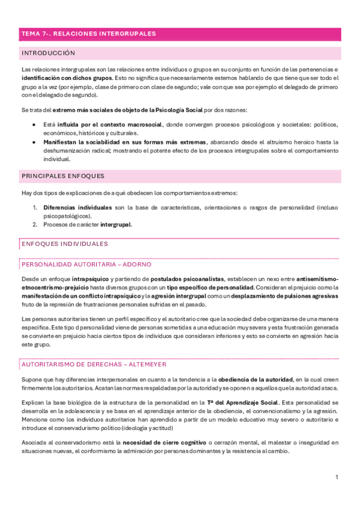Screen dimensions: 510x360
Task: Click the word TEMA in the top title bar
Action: tap(29, 34)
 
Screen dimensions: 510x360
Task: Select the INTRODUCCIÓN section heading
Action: tap(48, 54)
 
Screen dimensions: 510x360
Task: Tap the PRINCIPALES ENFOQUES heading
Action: tap(63, 176)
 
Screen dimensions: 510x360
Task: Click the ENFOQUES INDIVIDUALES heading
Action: tap(64, 244)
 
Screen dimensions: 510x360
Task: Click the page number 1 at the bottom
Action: tap(337, 477)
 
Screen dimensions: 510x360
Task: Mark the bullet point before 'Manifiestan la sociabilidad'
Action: tap(34, 142)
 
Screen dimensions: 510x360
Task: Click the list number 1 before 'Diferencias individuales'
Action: tap(35, 207)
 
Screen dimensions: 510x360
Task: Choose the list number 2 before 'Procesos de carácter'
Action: tap(35, 224)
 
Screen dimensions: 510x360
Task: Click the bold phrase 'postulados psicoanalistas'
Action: tap(187, 279)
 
